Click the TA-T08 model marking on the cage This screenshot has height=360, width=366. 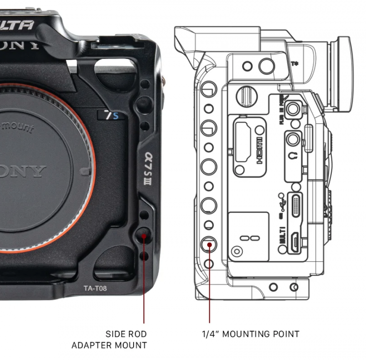click(x=95, y=288)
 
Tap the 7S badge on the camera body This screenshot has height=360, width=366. click(x=111, y=116)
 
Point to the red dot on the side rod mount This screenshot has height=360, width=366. click(x=144, y=236)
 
